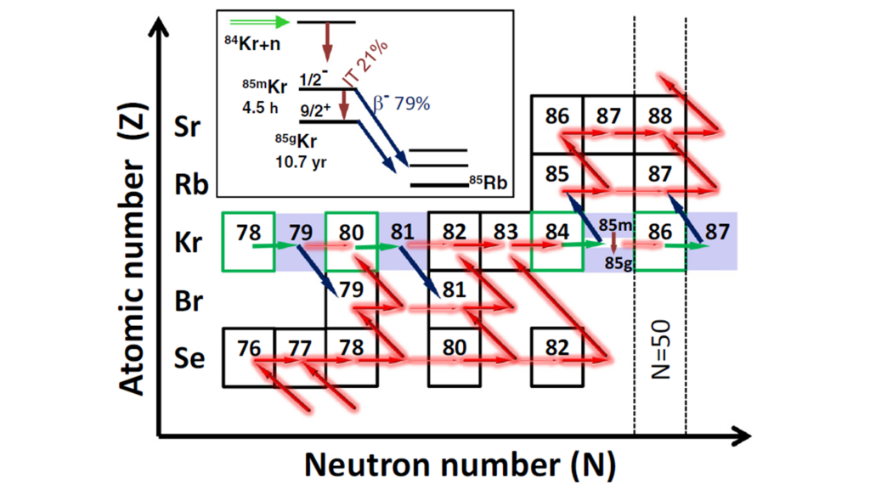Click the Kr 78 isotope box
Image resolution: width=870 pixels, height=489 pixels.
tap(247, 241)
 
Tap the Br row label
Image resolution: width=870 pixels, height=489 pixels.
tap(188, 302)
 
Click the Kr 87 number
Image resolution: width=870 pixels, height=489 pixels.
tap(717, 230)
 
